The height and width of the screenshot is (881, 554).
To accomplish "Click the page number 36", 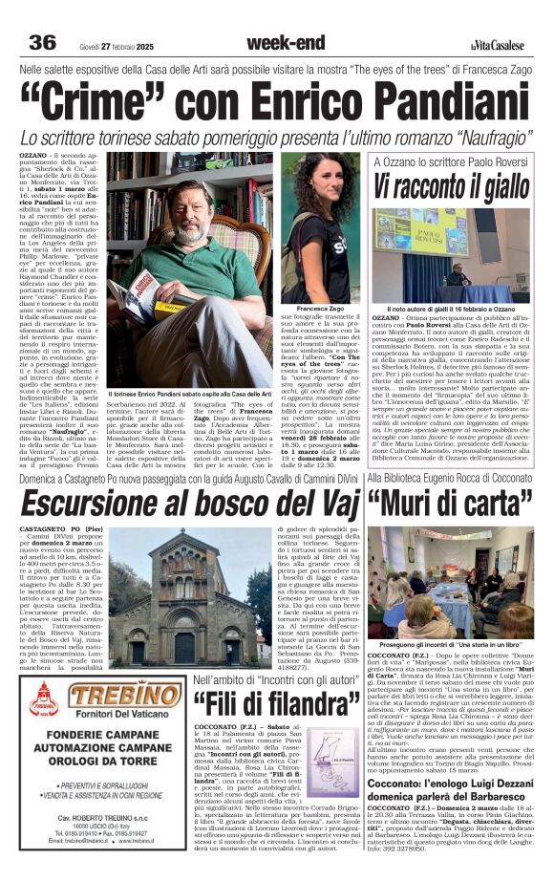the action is pos(43,42).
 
